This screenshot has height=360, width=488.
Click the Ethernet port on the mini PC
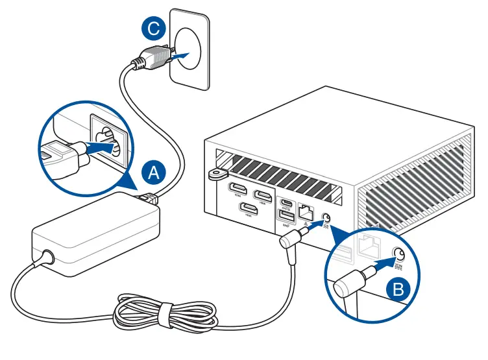click(305, 211)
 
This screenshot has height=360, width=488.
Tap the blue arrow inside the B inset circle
click(387, 261)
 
